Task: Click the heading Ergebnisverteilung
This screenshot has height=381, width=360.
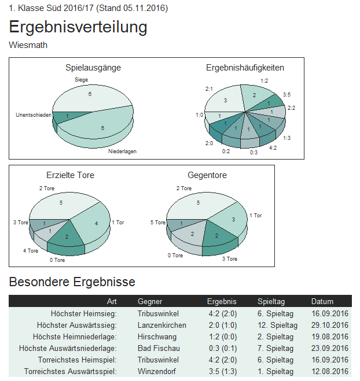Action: [78, 27]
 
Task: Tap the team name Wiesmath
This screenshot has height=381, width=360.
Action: [28, 45]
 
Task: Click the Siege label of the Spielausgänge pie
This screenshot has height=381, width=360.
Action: [82, 79]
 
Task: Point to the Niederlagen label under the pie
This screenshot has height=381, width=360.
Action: [122, 151]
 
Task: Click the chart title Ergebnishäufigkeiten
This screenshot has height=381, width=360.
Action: [245, 68]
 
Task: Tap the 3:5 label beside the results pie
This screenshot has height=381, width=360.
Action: [286, 94]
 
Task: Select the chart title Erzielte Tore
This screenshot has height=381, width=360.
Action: [70, 175]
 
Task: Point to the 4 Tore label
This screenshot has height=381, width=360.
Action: [31, 251]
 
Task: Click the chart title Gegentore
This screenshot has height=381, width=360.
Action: [207, 175]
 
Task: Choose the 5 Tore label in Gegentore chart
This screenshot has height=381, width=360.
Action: [158, 223]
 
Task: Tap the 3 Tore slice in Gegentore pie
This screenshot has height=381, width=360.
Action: [215, 236]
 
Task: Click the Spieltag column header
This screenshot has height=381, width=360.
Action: [271, 301]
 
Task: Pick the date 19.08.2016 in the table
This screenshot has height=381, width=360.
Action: [329, 336]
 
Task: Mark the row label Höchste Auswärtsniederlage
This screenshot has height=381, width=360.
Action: [68, 348]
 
